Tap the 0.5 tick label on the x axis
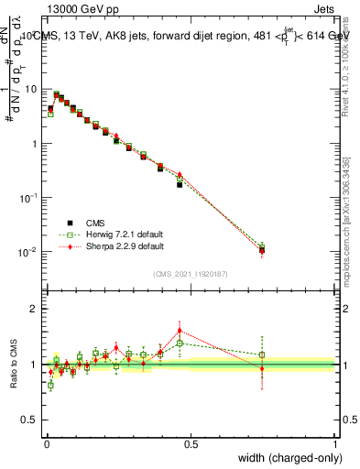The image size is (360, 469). [191, 444]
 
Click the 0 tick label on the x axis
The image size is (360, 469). [46, 444]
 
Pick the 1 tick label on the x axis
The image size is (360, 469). [335, 444]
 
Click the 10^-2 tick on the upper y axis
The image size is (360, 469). [30, 252]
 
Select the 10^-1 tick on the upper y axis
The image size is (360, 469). [30, 198]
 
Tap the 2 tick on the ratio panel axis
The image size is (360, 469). [35, 309]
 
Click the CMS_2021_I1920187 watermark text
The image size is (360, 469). [191, 274]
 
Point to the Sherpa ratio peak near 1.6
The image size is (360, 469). [180, 330]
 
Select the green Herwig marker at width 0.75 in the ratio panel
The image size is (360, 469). [262, 354]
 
